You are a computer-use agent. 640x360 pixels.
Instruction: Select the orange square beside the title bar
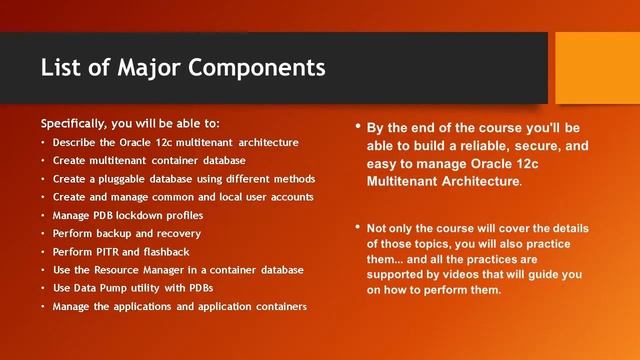coord(597,67)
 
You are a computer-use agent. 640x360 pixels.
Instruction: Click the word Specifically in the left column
coord(75,124)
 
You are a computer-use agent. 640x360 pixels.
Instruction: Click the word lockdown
coord(150,215)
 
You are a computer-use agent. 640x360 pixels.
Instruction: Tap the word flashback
coord(165,252)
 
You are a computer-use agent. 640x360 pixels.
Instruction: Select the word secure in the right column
coord(547,146)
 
